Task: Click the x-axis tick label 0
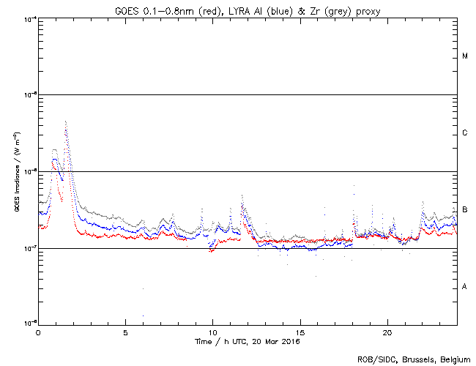pos(38,332)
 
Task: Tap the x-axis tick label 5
pos(125,332)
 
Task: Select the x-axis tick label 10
pos(212,332)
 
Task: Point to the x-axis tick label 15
pos(300,332)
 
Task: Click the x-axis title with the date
pos(248,341)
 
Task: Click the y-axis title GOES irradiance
pos(16,171)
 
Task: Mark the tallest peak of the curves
pos(66,122)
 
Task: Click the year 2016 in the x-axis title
pos(291,341)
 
